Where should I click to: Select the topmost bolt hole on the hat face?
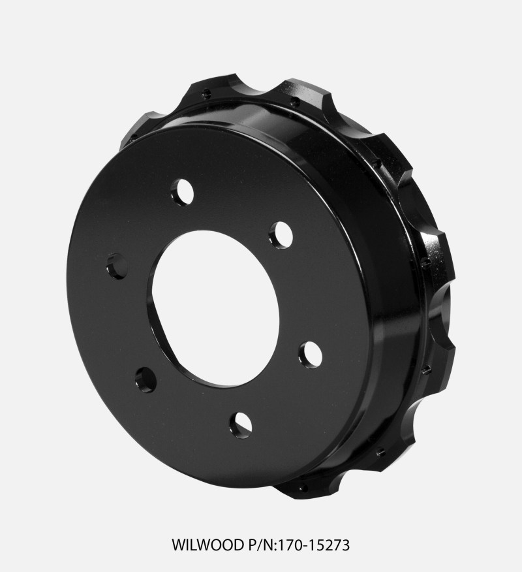[x=181, y=192]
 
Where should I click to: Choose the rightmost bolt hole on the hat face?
[x=308, y=354]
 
